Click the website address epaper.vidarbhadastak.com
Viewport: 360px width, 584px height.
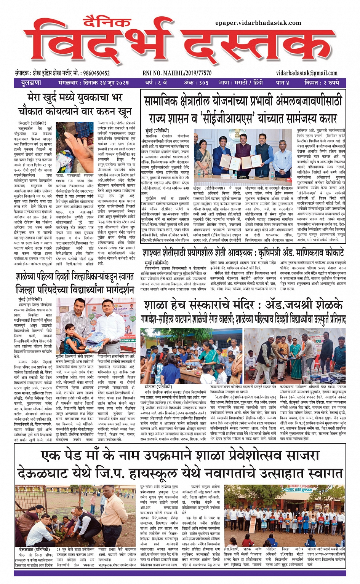[x=258, y=23]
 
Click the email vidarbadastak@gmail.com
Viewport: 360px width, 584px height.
[x=307, y=73]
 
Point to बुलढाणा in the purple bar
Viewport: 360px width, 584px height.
[x=31, y=83]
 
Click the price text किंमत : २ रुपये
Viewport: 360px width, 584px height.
[x=322, y=83]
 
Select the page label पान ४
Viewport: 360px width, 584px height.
[x=283, y=83]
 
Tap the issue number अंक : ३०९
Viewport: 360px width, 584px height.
[x=196, y=83]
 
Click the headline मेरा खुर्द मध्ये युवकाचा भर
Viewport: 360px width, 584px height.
[x=75, y=98]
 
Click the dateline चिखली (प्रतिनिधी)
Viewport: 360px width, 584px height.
[x=32, y=123]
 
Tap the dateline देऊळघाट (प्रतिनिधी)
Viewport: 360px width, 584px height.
[x=34, y=550]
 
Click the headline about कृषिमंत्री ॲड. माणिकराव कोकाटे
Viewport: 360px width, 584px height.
[x=243, y=253]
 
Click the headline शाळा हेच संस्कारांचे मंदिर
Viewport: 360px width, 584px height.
[x=243, y=305]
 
